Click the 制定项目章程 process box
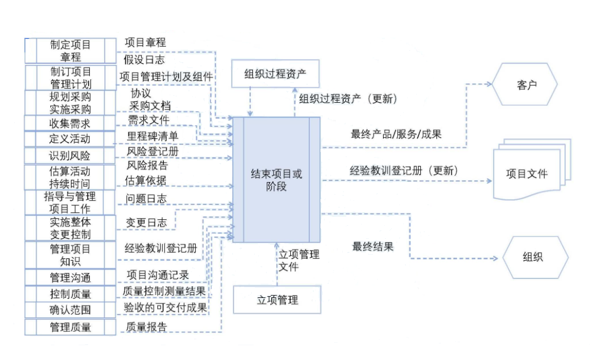70,50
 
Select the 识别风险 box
70,155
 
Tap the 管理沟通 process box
70,277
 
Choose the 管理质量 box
70,327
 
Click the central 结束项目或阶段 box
277,180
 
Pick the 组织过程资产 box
275,74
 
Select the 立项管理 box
277,300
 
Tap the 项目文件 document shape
526,173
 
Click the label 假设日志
144,60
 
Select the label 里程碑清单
152,136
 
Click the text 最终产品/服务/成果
396,134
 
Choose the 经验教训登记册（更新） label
403,171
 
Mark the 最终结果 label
373,247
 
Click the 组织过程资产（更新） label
348,99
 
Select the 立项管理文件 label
299,260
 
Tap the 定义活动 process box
70,140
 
